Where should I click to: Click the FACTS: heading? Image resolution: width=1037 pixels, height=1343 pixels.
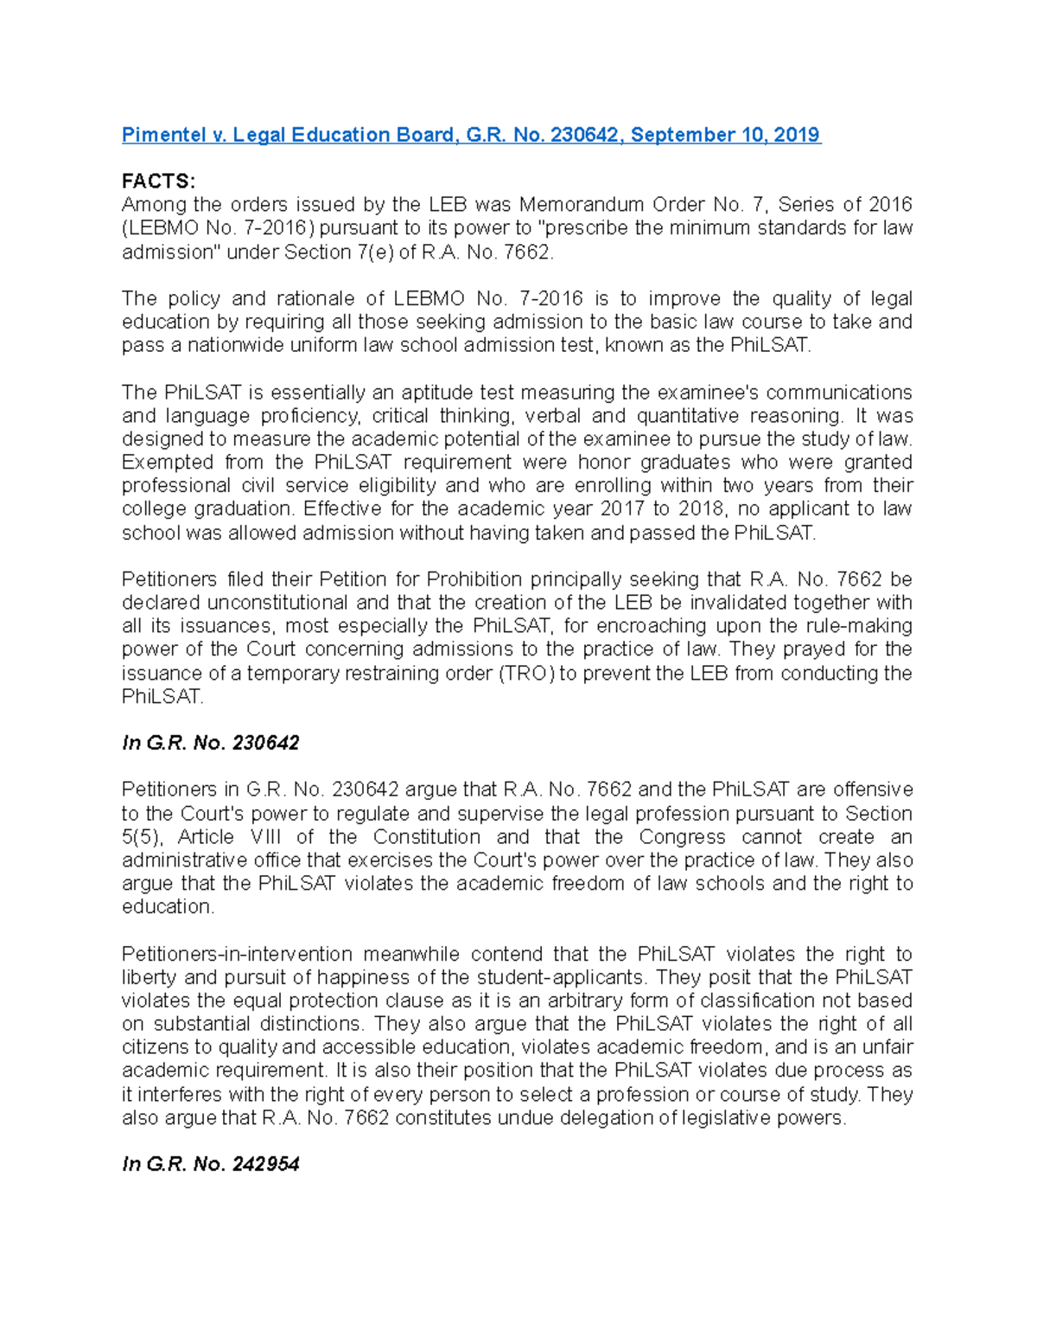click(x=158, y=182)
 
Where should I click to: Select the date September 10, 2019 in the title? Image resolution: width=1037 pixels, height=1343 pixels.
click(x=726, y=135)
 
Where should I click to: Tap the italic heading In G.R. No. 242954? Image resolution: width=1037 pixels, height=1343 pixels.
click(x=210, y=1164)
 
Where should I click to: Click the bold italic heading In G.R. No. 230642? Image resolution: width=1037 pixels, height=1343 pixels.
click(x=210, y=743)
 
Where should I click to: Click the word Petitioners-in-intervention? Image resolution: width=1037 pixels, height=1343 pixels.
click(x=237, y=954)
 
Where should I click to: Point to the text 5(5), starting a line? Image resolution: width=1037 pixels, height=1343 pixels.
click(x=143, y=837)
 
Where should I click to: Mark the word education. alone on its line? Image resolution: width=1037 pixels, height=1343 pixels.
click(x=168, y=907)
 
